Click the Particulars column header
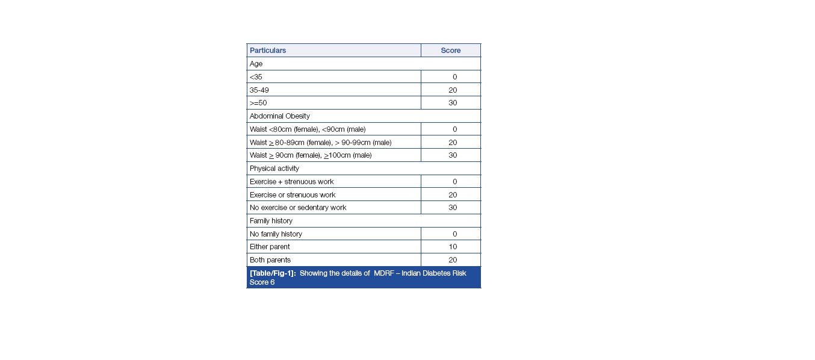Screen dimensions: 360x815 tap(268, 51)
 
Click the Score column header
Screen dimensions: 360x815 tap(450, 51)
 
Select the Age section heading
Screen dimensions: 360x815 tap(256, 64)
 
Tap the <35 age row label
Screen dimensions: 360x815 tap(256, 77)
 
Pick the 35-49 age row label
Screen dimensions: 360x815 tap(259, 90)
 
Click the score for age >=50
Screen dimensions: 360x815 tap(453, 103)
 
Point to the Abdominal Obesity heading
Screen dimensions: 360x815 tap(280, 116)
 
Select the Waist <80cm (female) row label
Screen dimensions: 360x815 tap(308, 129)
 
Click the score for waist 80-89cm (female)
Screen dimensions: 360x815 tap(453, 143)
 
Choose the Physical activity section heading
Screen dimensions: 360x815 tap(274, 169)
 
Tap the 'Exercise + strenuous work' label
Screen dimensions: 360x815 tap(291, 182)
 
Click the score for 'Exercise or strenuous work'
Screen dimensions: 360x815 tap(453, 195)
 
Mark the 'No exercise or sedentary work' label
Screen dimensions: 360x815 tap(298, 208)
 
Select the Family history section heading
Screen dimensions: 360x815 tap(271, 221)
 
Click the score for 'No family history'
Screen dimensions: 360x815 tap(454, 234)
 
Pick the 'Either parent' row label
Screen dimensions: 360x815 tap(270, 247)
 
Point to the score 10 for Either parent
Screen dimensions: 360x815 tap(453, 247)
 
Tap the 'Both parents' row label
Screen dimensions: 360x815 tap(270, 260)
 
